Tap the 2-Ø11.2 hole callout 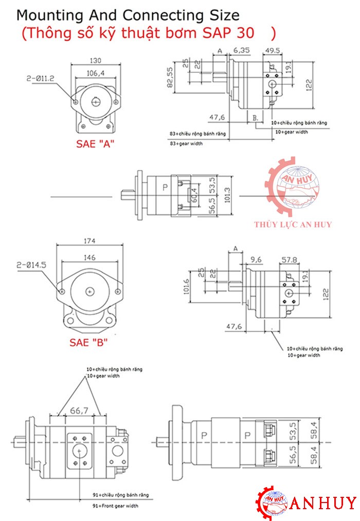pos(40,79)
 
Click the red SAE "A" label pos(95,144)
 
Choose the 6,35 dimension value pos(242,50)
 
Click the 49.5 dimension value pos(273,50)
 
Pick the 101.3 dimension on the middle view pos(227,195)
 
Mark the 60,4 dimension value pos(193,196)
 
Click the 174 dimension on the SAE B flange pos(91,240)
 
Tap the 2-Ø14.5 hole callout pos(31,265)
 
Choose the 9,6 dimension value pos(256,259)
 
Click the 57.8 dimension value pos(288,259)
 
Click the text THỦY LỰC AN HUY pos(293,224)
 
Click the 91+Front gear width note pos(115,506)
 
